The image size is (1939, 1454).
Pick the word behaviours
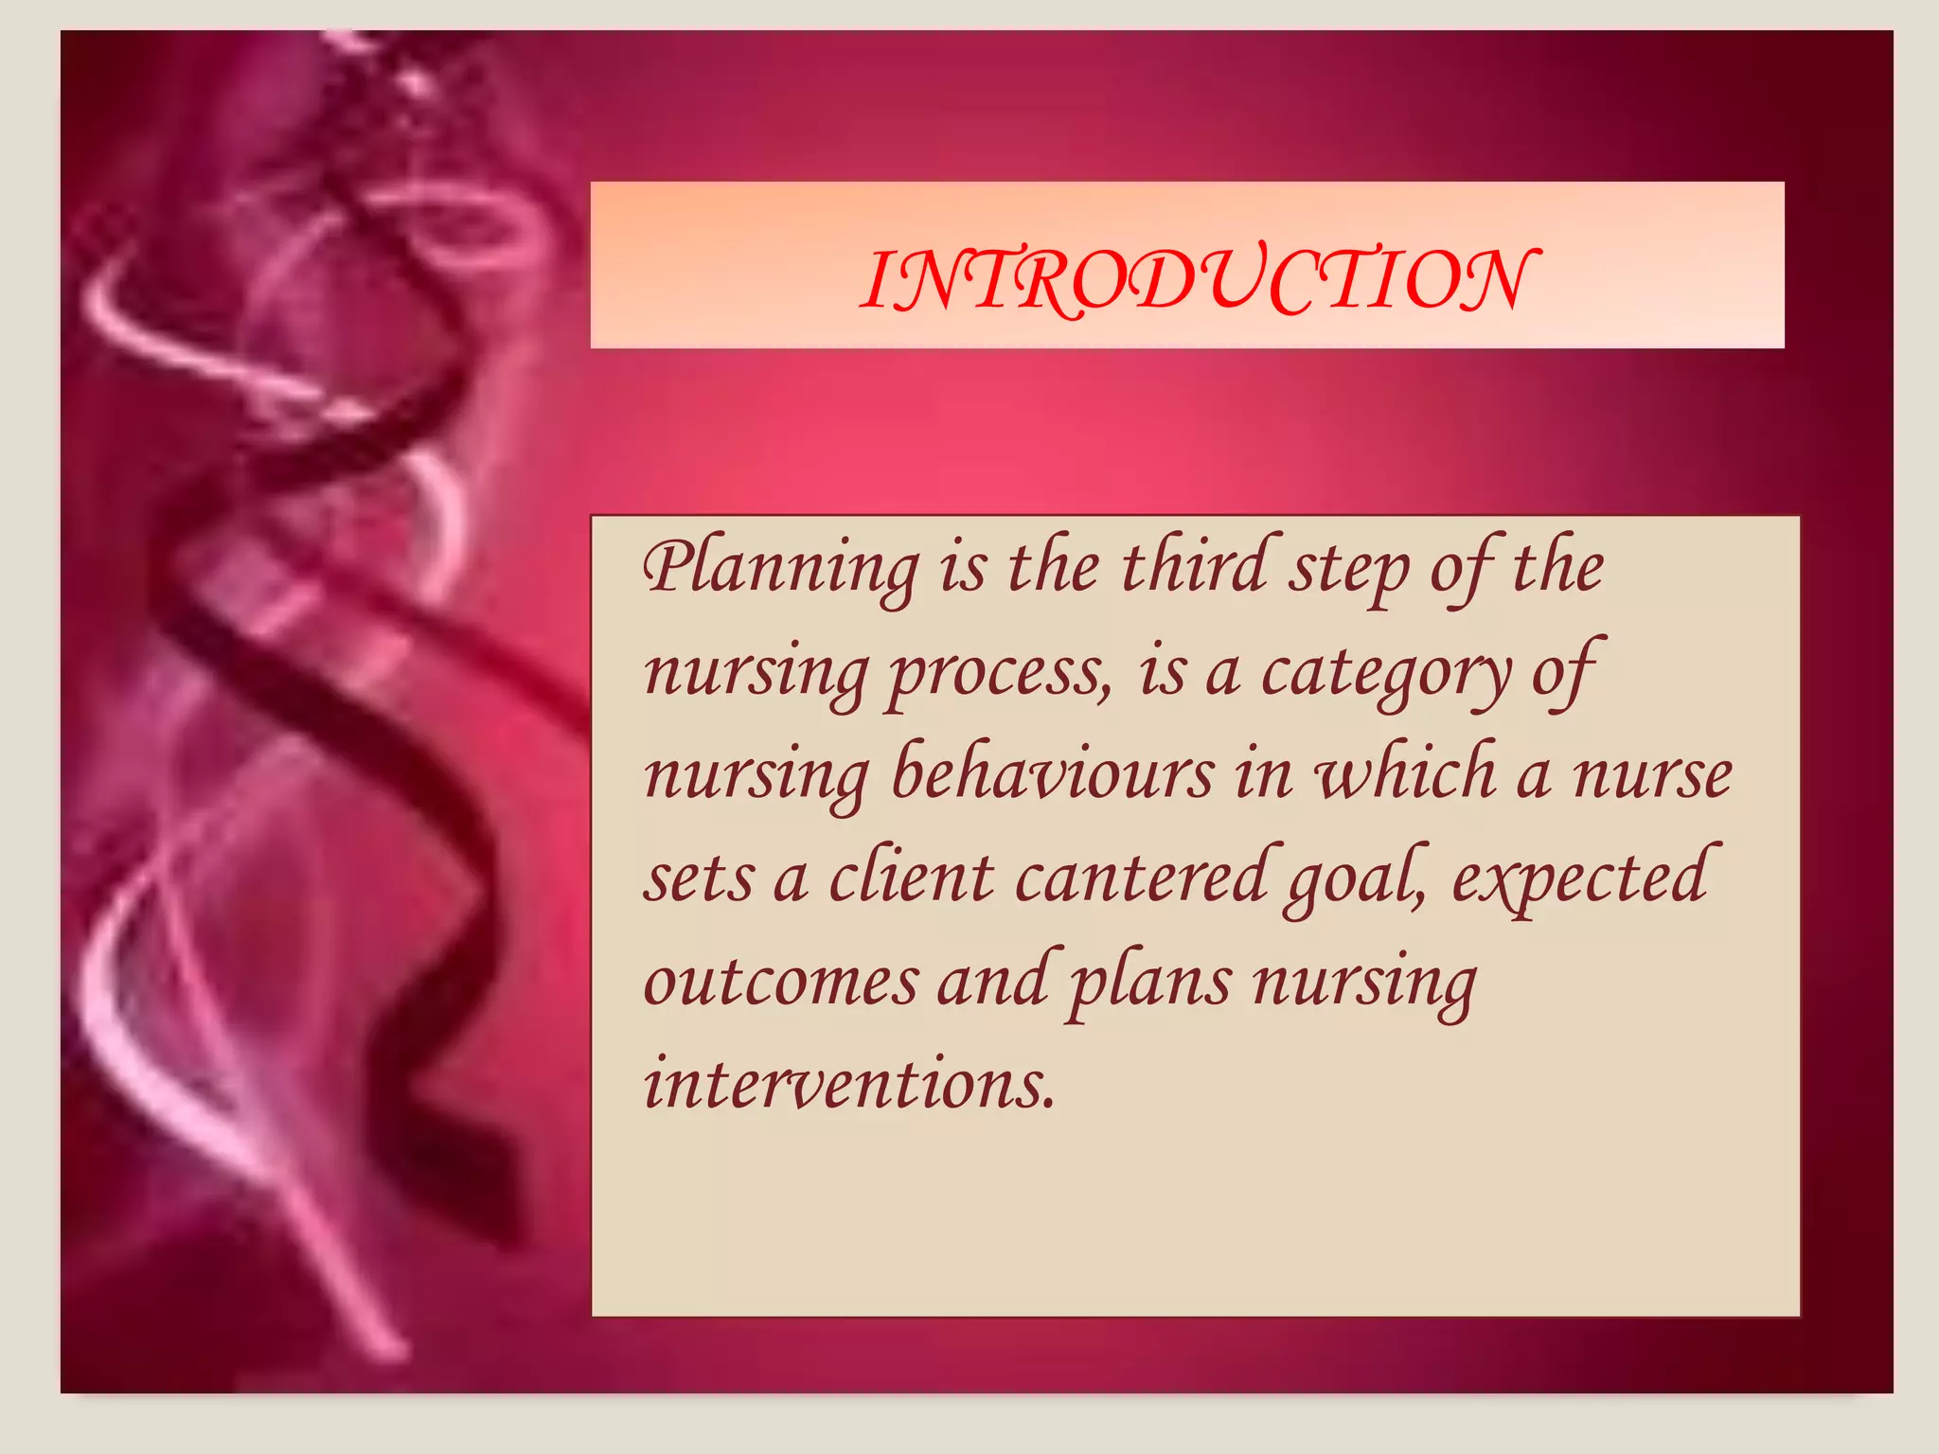click(x=1052, y=774)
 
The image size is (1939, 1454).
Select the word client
click(x=911, y=877)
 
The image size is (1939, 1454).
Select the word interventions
click(x=848, y=1085)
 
